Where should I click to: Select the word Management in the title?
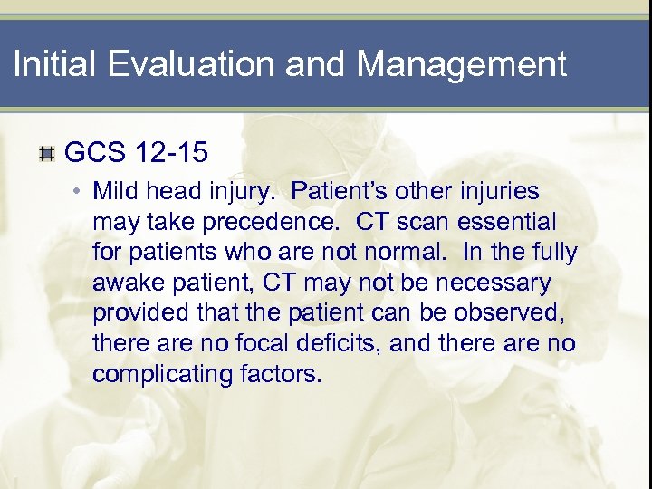(x=461, y=64)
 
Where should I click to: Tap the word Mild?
(x=114, y=192)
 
